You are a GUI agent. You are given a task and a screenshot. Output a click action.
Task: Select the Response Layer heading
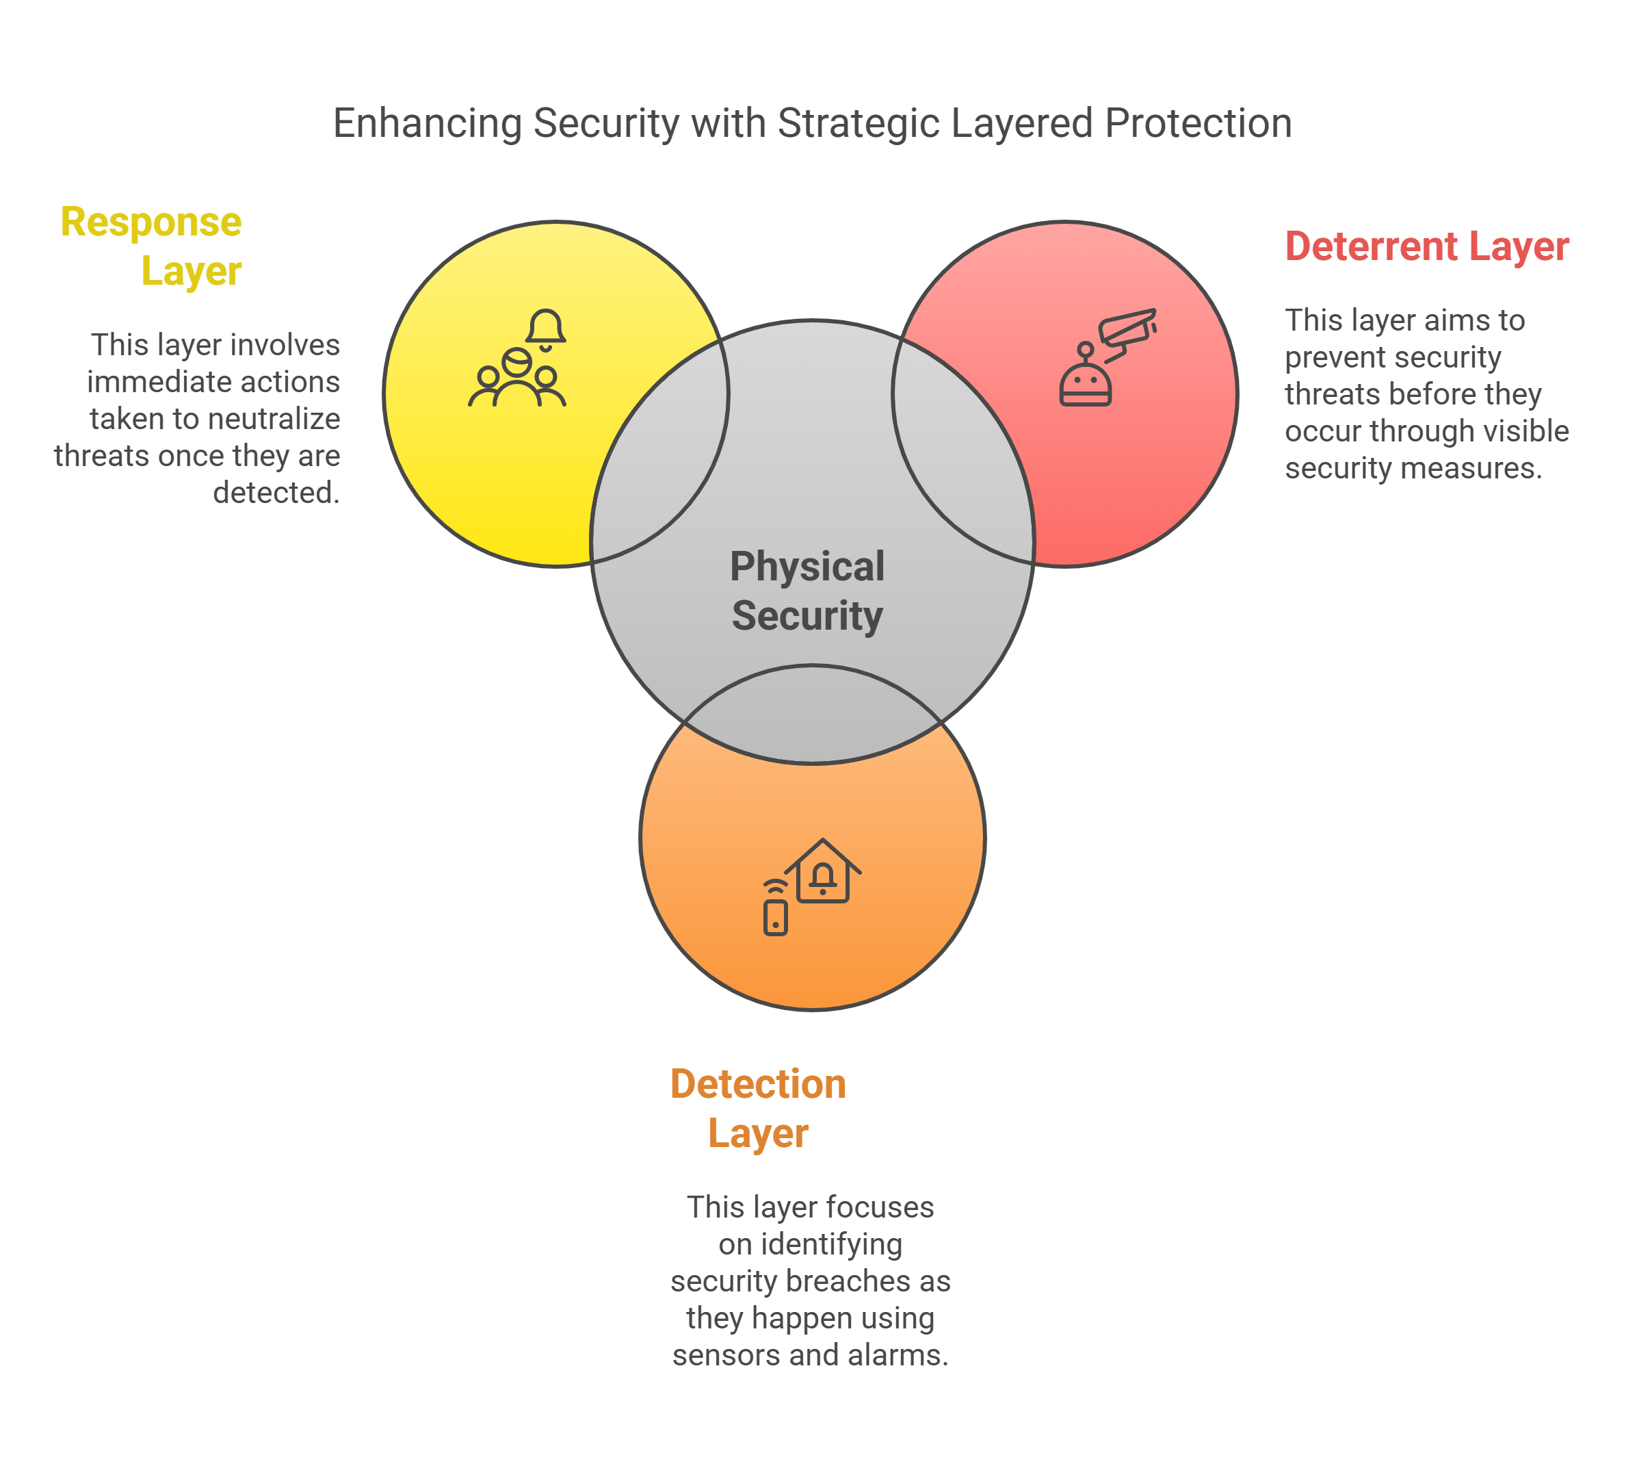pyautogui.click(x=151, y=246)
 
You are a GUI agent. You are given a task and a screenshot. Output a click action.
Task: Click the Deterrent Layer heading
pyautogui.click(x=1426, y=246)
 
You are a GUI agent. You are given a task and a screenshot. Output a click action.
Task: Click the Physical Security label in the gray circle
pyautogui.click(x=807, y=591)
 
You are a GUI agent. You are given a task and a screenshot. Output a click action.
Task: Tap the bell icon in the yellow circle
pyautogui.click(x=545, y=329)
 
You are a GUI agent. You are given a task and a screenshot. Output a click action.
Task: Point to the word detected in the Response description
pyautogui.click(x=276, y=493)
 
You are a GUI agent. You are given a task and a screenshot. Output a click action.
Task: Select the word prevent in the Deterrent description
pyautogui.click(x=1329, y=357)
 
